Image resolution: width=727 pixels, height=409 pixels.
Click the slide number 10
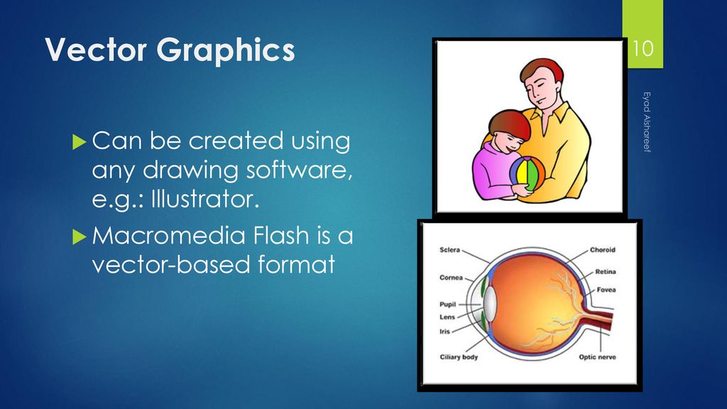(643, 50)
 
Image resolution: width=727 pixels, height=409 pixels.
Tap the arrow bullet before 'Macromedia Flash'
(79, 234)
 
